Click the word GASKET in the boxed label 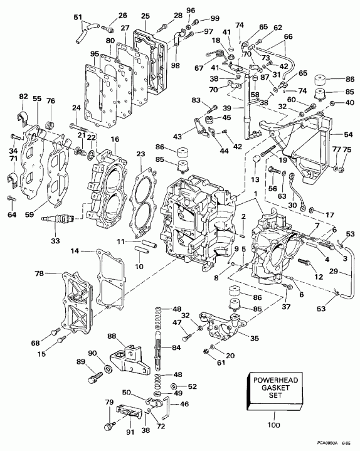[x=273, y=391]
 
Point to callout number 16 [x=114, y=139]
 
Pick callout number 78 [x=40, y=274]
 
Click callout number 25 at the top [x=145, y=14]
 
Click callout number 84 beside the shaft [x=177, y=348]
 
